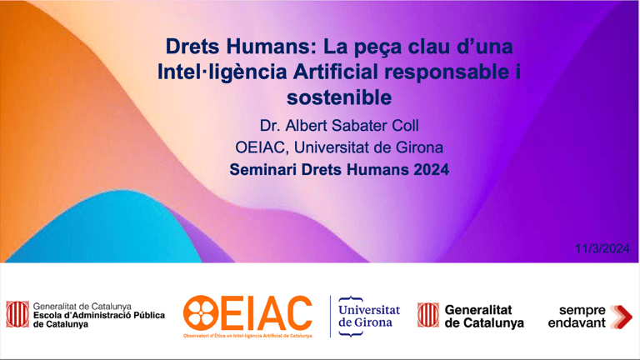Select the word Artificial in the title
pos(336,72)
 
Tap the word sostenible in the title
pos(339,97)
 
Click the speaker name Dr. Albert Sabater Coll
pos(339,126)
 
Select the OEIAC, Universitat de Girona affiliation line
pos(339,147)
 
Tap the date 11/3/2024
pos(602,248)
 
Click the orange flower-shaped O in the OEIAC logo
pos(201,313)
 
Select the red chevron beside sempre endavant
pos(622,317)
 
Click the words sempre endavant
pos(577,317)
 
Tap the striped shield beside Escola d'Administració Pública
pos(17,314)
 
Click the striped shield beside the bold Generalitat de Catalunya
pos(428,315)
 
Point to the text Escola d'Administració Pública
pos(99,315)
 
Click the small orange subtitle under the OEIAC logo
pos(247,336)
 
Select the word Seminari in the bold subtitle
pos(263,169)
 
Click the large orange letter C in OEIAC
pos(297,313)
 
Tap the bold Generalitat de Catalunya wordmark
pos(484,317)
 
